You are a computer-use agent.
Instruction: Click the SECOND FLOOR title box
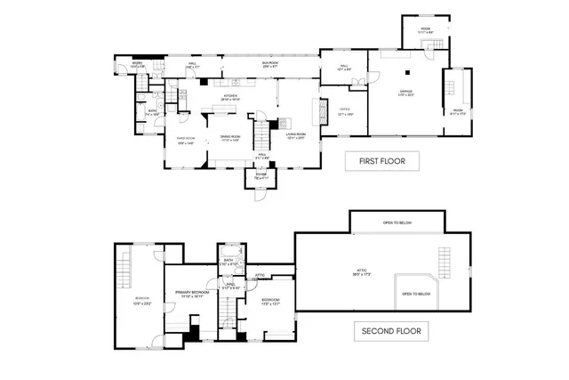click(391, 331)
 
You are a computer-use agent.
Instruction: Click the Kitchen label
click(231, 96)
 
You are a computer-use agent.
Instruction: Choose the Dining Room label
click(230, 140)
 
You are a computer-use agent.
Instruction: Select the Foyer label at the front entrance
click(260, 175)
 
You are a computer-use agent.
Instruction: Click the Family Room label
click(185, 140)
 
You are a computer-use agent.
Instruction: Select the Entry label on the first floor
click(138, 65)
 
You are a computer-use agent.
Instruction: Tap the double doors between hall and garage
click(358, 82)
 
